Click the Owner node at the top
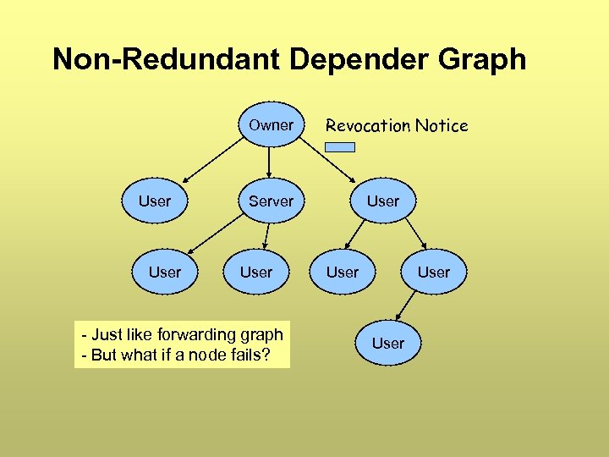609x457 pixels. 271,125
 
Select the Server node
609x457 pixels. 271,201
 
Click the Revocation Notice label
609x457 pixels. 397,126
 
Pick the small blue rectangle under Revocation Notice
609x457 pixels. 340,147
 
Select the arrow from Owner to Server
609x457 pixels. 269,162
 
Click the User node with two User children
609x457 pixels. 383,201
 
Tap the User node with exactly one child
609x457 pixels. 434,273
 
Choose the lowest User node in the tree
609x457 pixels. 388,344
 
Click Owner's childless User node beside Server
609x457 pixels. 155,201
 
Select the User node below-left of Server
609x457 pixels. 165,273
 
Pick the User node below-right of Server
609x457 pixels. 256,273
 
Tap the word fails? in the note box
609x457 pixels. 249,355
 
